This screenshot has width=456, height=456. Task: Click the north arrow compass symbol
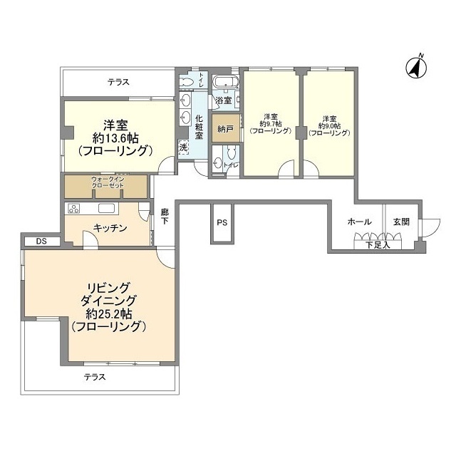[415, 67]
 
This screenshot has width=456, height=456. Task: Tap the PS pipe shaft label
[222, 222]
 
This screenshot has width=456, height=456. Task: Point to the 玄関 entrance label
[401, 222]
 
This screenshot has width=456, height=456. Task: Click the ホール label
[359, 222]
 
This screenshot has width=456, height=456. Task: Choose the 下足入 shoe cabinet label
[378, 245]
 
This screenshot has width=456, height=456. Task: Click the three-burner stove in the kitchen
[75, 209]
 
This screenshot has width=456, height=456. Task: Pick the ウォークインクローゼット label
[107, 182]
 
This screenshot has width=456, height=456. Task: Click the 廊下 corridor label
[165, 217]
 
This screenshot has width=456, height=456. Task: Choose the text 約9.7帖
[270, 125]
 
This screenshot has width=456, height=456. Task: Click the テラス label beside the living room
[94, 377]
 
